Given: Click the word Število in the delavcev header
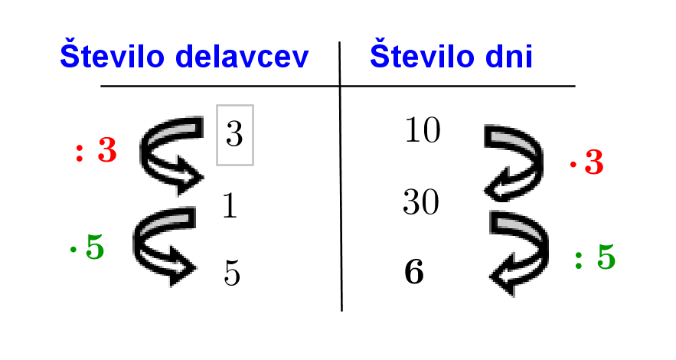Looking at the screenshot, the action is click(x=112, y=54).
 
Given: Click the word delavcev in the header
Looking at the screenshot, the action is click(x=242, y=56).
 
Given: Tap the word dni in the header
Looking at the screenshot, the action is click(x=509, y=56).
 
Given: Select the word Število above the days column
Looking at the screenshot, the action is click(x=423, y=54).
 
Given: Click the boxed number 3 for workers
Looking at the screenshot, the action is click(x=234, y=135).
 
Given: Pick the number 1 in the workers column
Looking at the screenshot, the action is click(x=230, y=205).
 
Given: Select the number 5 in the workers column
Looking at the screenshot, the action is click(x=232, y=273).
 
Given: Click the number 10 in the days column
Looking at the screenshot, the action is click(x=423, y=129).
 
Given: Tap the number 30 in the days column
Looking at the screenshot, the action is click(x=421, y=201).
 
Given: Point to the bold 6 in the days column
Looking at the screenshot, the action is click(x=414, y=272).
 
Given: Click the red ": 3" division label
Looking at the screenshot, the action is click(x=96, y=150).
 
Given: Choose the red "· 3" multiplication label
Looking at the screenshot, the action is click(x=586, y=162).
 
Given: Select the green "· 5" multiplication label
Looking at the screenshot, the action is click(x=87, y=247).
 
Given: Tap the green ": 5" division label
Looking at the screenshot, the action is click(x=595, y=257).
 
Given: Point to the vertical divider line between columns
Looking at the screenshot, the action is click(x=341, y=176).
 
